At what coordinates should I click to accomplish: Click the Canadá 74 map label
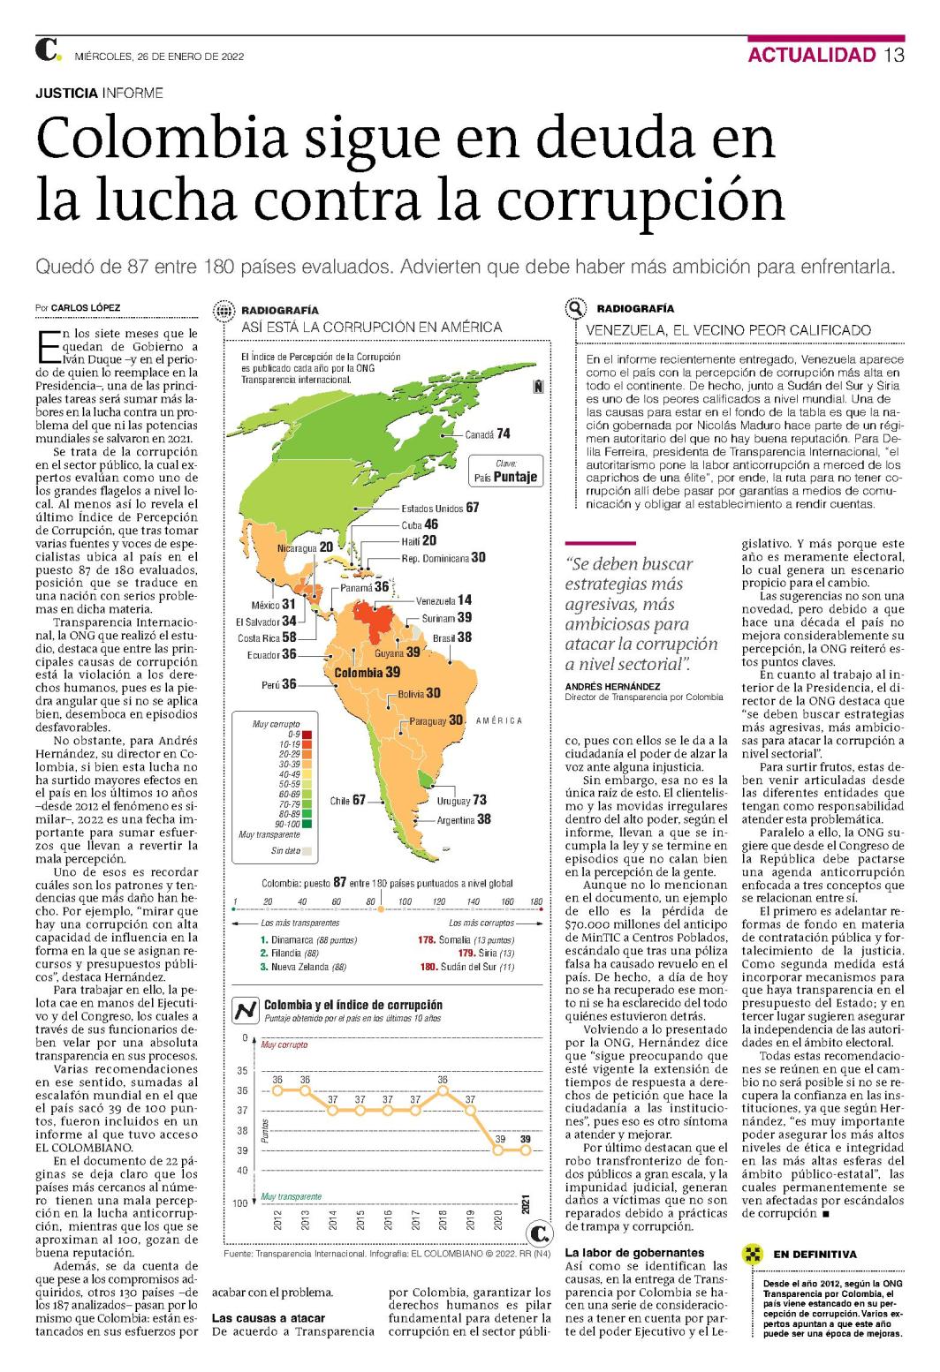click(487, 434)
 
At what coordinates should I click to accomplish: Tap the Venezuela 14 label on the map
click(443, 600)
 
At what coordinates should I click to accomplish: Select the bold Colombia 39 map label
click(367, 673)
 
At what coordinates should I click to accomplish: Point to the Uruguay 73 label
click(461, 801)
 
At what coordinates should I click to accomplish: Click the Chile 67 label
click(347, 800)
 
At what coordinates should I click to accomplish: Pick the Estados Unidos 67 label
click(440, 508)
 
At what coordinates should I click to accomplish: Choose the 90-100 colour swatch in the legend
click(307, 824)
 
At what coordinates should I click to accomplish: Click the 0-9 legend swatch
click(307, 735)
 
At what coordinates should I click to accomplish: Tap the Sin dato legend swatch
click(307, 851)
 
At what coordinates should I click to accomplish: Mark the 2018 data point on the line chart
click(443, 1091)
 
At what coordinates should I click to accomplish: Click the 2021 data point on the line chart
click(525, 1150)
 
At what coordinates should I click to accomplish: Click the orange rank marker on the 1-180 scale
click(381, 909)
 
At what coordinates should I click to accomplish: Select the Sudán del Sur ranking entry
click(467, 967)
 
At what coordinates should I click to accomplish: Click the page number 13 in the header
click(894, 55)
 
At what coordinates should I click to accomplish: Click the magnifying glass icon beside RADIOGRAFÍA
click(575, 308)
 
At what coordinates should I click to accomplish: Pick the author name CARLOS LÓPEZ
click(85, 308)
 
